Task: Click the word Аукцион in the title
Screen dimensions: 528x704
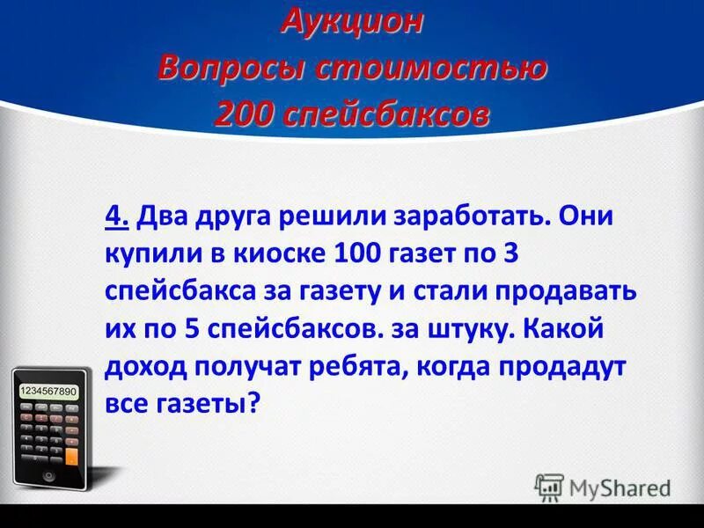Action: pos(352,24)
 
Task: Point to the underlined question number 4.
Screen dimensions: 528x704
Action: pos(114,216)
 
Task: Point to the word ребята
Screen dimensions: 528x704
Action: pos(354,367)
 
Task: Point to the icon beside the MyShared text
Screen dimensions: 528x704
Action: pos(549,486)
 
